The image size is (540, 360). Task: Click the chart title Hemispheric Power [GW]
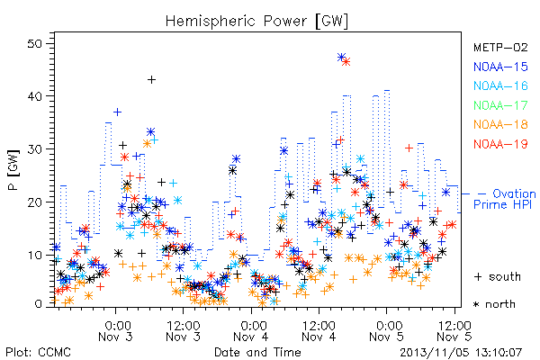point(256,22)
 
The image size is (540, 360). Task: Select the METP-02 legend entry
point(500,47)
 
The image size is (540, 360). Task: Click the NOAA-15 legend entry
point(500,67)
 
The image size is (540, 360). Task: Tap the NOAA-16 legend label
point(500,85)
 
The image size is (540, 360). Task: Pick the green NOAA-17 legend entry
point(500,105)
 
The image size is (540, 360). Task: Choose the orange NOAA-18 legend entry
point(500,124)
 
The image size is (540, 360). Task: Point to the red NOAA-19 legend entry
point(500,144)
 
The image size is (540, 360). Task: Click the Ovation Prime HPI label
point(504,199)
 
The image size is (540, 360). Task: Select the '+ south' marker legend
point(498,276)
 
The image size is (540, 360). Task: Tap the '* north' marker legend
point(494,304)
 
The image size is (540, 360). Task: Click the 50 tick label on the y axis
point(34,44)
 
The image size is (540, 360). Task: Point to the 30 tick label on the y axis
point(34,149)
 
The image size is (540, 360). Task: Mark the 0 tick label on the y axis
point(39,304)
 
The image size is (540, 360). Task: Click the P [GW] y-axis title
point(13,170)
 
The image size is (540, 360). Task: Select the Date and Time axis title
point(257,352)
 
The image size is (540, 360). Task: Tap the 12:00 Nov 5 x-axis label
point(454,331)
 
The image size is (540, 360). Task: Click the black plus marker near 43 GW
point(151,80)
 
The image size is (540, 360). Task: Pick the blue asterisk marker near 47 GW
point(341,57)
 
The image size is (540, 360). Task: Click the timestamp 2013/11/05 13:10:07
point(461,353)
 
